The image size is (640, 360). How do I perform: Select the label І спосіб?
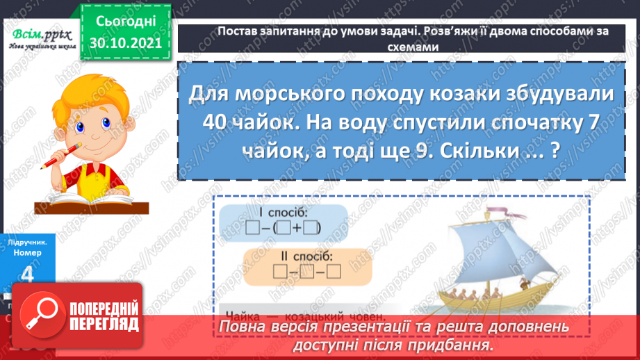coord(281,211)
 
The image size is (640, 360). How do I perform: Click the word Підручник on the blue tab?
coord(28,243)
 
